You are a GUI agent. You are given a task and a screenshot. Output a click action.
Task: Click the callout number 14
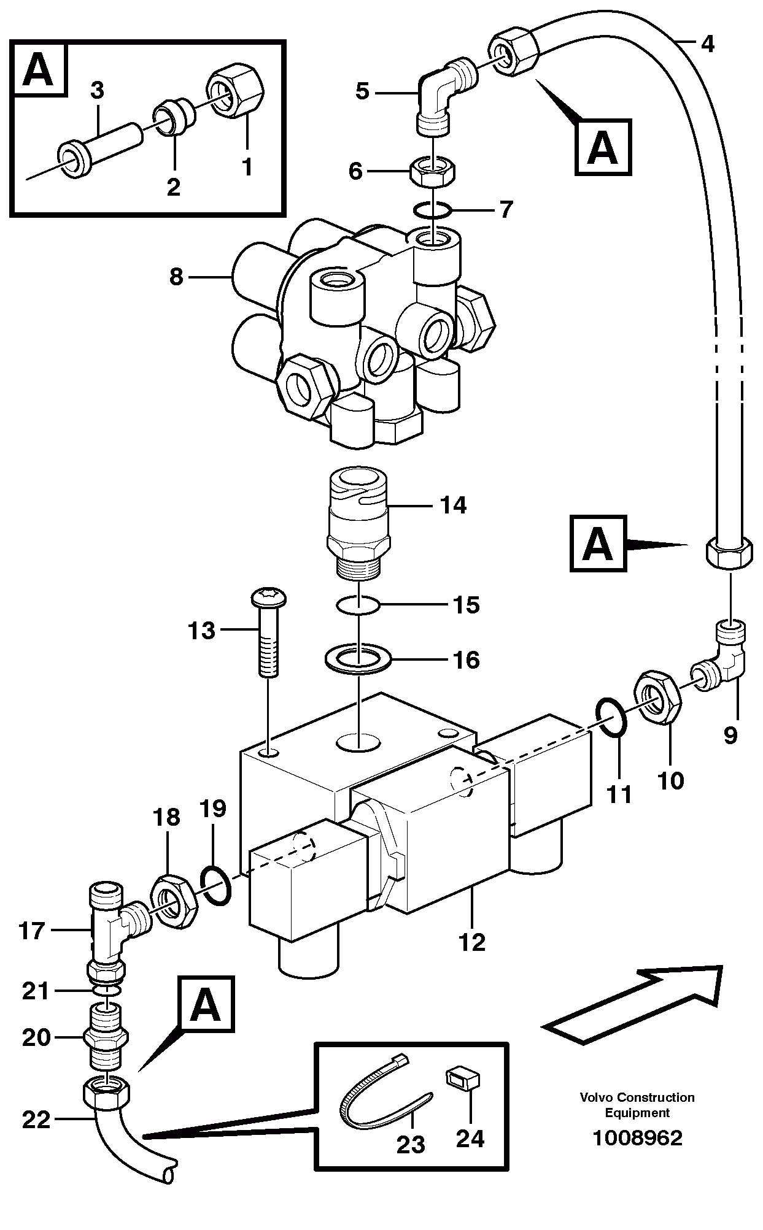pyautogui.click(x=452, y=505)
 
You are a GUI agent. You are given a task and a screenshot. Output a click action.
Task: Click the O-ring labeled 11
pyautogui.click(x=611, y=716)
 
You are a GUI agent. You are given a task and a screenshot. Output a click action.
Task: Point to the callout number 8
pyautogui.click(x=176, y=277)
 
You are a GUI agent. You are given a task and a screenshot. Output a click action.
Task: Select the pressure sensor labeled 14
pyautogui.click(x=358, y=521)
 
